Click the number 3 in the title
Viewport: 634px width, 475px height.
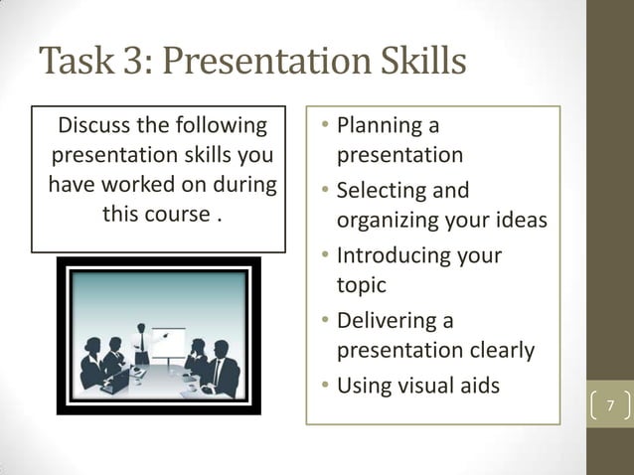132,62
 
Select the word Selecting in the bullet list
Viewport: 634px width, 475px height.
382,191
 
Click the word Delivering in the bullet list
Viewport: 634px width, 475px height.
388,320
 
